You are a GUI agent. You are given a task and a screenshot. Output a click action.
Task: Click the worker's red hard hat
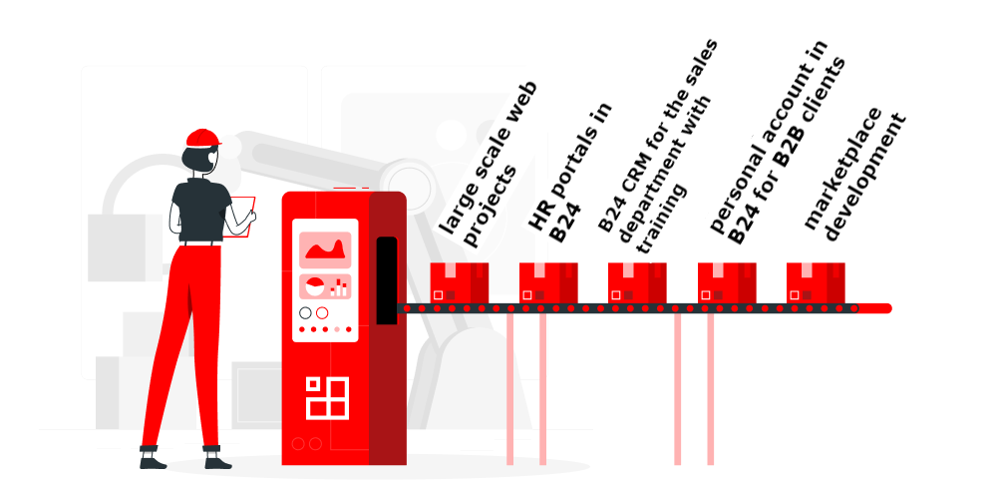[202, 138]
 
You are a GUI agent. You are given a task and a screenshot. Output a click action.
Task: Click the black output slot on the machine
[386, 279]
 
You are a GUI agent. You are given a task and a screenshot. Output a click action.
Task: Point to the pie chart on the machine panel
[314, 287]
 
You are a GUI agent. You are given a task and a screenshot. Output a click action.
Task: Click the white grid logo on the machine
[327, 396]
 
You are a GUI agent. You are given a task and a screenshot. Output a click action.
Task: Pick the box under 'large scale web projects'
[459, 283]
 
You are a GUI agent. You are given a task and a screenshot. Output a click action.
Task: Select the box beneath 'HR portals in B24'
[548, 283]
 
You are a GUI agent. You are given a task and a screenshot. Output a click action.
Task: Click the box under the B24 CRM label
[637, 283]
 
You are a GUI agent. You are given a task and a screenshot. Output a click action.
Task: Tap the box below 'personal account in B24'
[727, 283]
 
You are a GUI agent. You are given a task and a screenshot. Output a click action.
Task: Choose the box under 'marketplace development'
[816, 283]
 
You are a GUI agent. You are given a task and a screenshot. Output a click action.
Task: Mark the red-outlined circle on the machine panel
[321, 313]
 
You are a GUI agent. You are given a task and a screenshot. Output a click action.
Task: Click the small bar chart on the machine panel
[340, 287]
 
